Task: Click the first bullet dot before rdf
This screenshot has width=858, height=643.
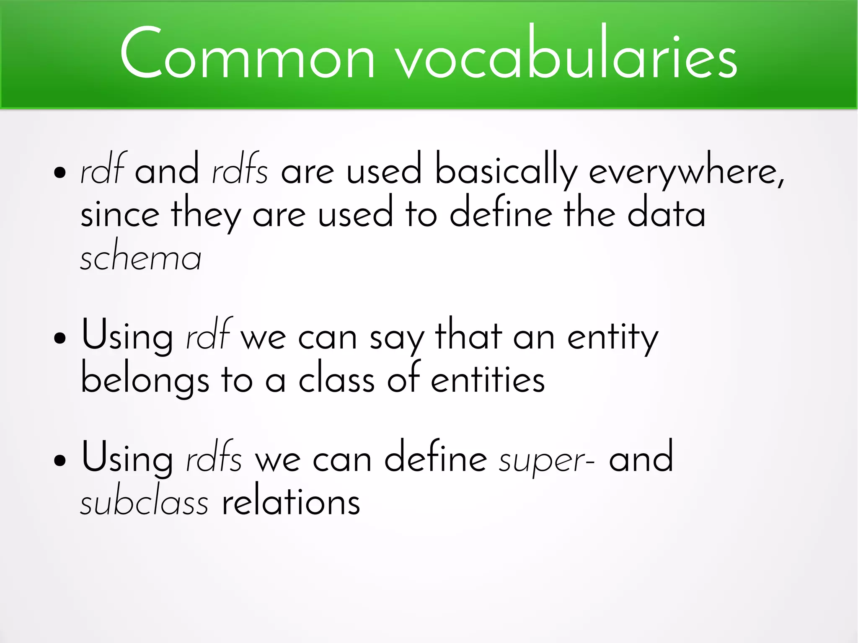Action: pyautogui.click(x=60, y=172)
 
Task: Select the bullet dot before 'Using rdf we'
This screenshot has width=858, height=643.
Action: pyautogui.click(x=60, y=337)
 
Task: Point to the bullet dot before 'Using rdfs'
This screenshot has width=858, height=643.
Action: pyautogui.click(x=60, y=460)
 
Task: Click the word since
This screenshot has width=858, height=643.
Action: pyautogui.click(x=120, y=214)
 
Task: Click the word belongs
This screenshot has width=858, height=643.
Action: pyautogui.click(x=145, y=379)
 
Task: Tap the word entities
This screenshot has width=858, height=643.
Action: pyautogui.click(x=488, y=379)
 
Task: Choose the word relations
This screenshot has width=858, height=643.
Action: pyautogui.click(x=291, y=502)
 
